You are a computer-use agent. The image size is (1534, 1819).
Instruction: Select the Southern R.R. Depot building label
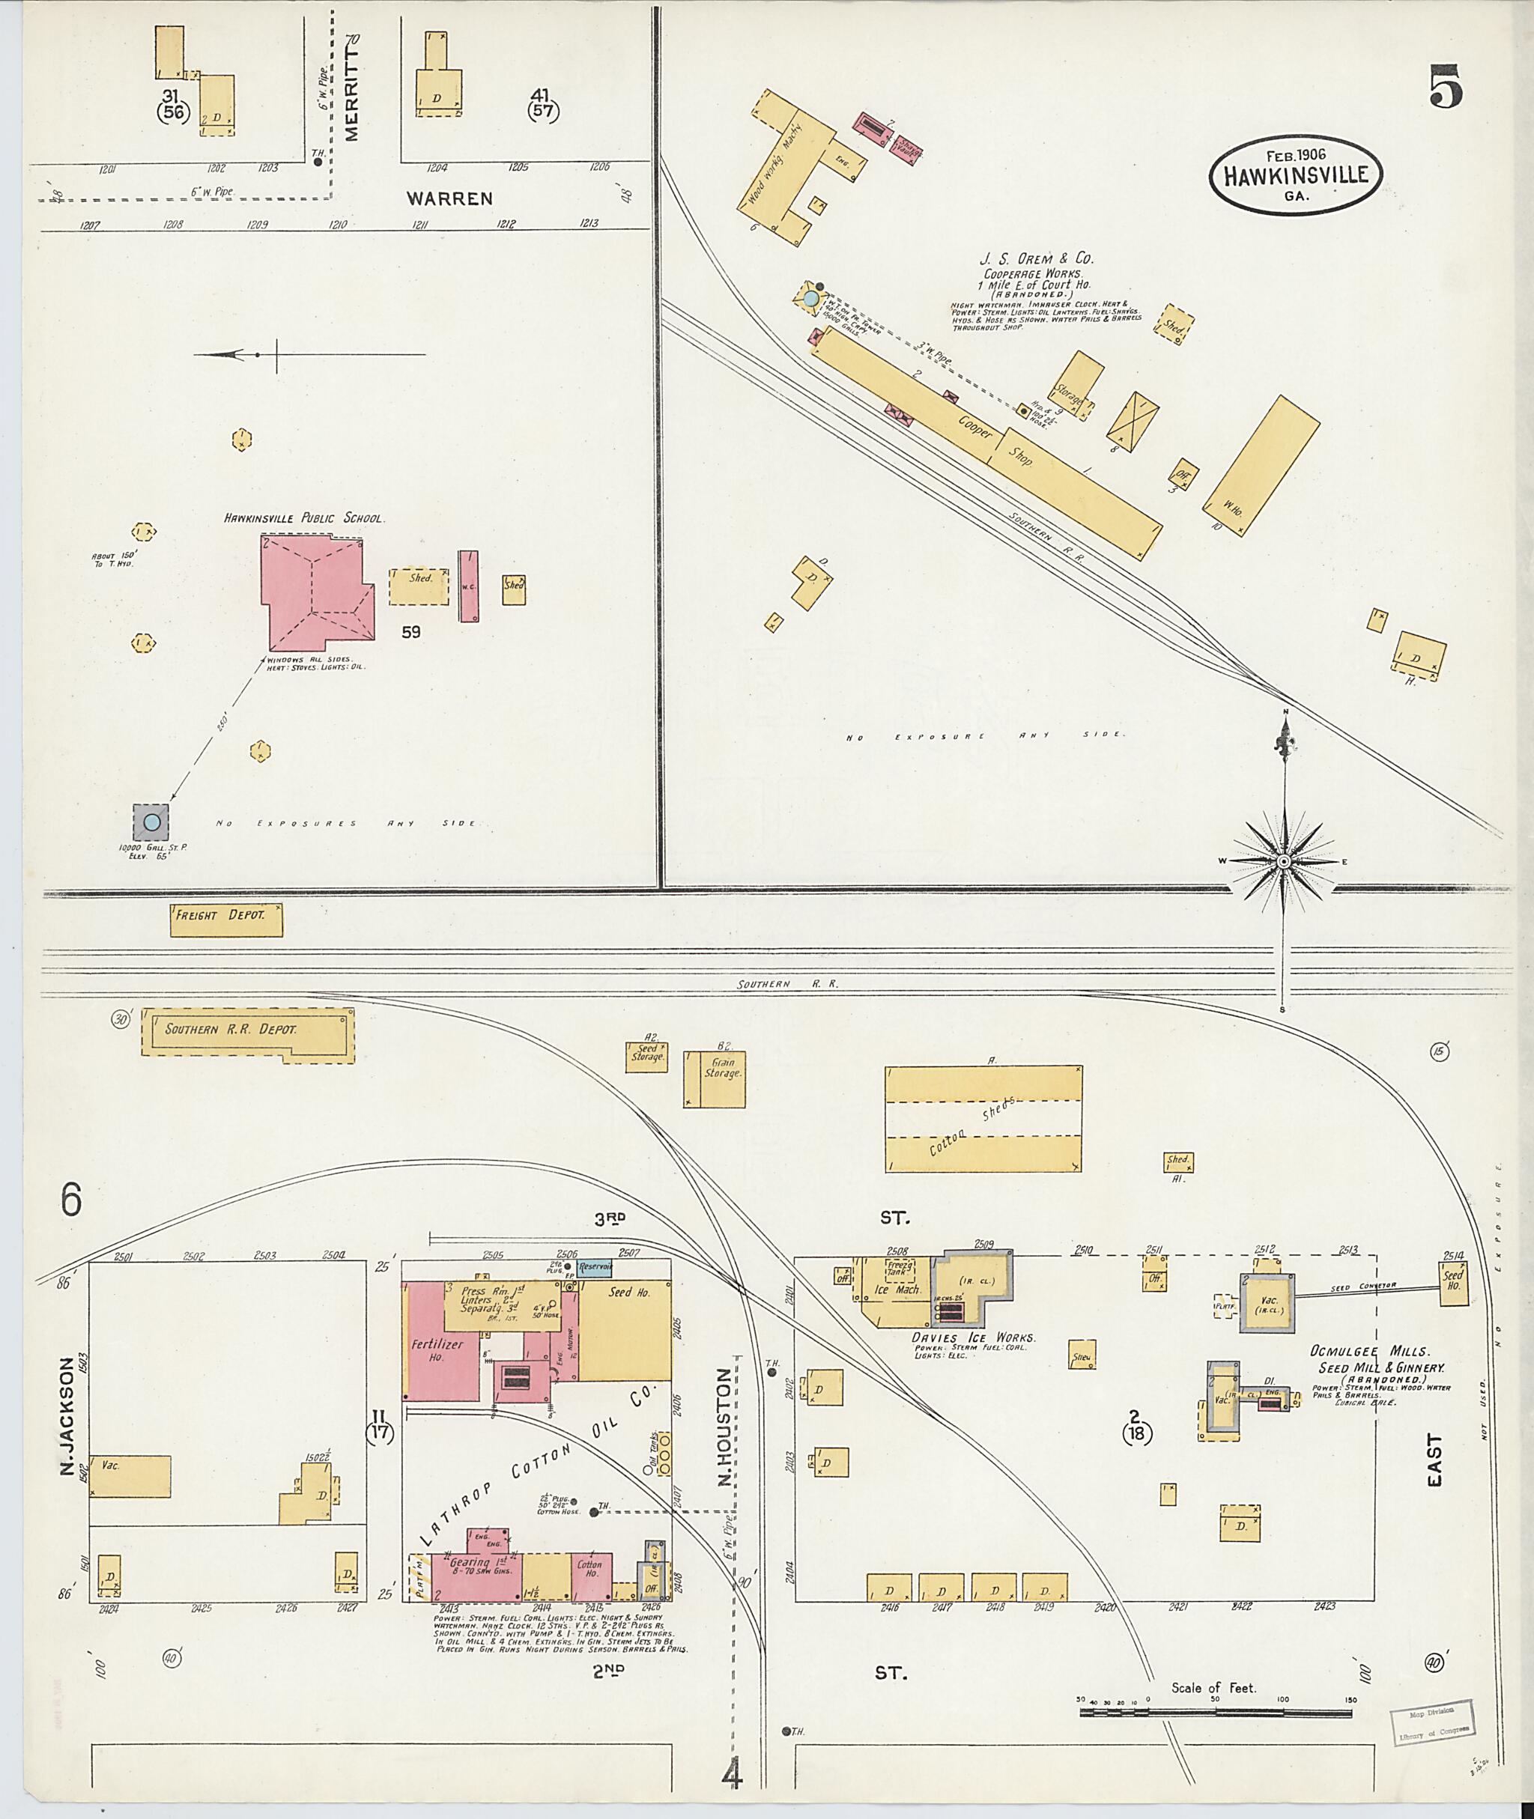coord(231,1030)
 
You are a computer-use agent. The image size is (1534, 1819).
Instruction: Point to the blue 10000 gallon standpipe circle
coord(151,822)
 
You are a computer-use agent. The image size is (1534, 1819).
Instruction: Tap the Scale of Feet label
coord(1213,1688)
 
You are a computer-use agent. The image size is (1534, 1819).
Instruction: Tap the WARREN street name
coord(449,198)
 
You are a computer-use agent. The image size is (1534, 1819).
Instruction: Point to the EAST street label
coord(1434,1461)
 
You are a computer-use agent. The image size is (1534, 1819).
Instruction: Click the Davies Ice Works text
coord(972,1337)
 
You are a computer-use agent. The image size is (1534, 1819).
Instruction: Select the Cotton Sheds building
coord(983,1119)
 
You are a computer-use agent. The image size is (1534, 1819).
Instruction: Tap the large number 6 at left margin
coord(70,1200)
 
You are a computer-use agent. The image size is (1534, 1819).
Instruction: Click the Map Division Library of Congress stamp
coord(1431,1722)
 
